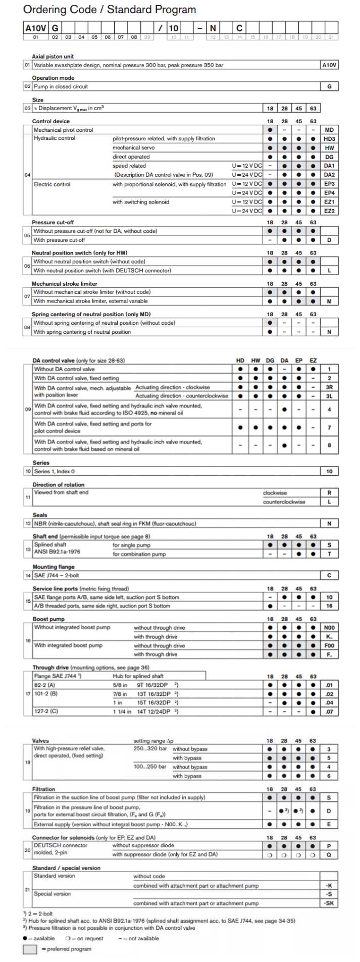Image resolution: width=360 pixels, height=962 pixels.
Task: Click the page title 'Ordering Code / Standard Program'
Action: [x=110, y=10]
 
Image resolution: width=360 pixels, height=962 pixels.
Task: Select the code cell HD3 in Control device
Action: [x=329, y=139]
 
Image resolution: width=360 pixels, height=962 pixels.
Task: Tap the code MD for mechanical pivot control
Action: [x=329, y=130]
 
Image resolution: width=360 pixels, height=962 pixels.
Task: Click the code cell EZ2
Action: [x=329, y=211]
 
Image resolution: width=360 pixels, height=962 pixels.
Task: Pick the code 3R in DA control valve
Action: [x=329, y=387]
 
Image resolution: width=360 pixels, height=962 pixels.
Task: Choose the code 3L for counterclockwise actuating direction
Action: [x=329, y=396]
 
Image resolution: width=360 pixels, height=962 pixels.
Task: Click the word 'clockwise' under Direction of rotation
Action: [x=275, y=493]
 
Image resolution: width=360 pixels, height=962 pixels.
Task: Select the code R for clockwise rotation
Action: [x=329, y=493]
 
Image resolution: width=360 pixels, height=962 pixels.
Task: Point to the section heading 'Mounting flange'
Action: [x=54, y=567]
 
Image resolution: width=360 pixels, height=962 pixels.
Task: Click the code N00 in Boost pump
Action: [x=329, y=628]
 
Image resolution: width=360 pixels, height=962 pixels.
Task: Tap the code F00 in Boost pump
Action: [x=329, y=645]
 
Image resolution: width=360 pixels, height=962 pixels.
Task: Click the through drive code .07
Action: [x=329, y=712]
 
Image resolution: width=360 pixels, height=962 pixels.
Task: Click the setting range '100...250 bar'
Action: [x=150, y=767]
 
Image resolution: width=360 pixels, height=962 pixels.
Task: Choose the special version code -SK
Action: [x=329, y=903]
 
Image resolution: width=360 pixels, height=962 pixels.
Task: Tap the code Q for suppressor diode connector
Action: [x=329, y=854]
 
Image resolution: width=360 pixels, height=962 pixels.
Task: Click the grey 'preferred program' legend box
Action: [x=30, y=949]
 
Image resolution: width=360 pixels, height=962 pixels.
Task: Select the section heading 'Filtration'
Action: [x=43, y=789]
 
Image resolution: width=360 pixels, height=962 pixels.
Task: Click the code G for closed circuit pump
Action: [x=329, y=87]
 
